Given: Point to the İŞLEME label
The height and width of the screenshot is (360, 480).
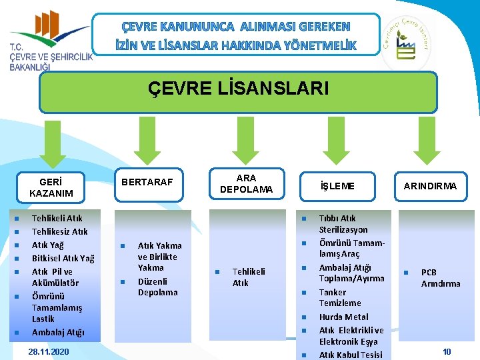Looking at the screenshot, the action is (x=337, y=186).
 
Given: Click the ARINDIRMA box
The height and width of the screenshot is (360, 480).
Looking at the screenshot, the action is (x=430, y=186).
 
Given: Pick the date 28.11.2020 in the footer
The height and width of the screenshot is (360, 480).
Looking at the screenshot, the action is (x=49, y=351).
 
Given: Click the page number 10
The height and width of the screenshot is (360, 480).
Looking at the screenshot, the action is (x=447, y=351).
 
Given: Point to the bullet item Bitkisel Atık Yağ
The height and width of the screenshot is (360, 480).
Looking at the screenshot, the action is (x=63, y=259).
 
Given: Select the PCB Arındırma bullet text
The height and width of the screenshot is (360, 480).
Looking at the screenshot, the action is (x=440, y=277).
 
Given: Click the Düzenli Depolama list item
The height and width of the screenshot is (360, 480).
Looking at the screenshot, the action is (x=158, y=287).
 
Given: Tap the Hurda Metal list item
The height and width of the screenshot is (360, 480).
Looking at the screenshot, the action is (x=343, y=317).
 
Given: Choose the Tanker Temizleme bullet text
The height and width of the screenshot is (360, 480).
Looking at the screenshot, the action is (x=340, y=297).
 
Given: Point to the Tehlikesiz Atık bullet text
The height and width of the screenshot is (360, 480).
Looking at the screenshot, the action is (x=60, y=231).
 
